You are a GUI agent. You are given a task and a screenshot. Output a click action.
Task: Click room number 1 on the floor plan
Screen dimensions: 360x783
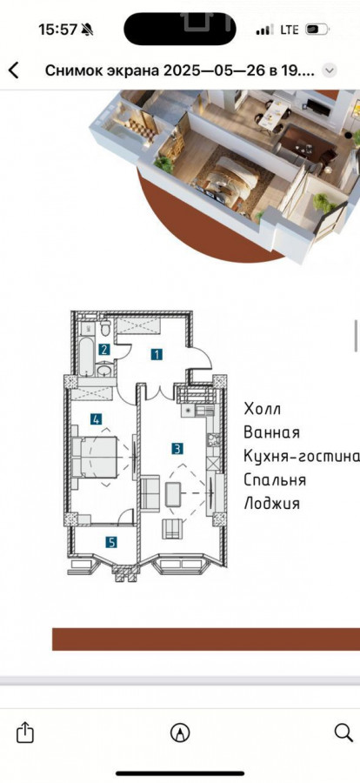157,355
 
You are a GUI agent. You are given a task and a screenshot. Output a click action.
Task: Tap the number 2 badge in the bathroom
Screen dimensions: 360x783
103,350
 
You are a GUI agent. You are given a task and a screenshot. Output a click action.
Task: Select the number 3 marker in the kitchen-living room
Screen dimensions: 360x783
177,448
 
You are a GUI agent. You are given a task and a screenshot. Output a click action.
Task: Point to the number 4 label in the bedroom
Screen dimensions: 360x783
97,419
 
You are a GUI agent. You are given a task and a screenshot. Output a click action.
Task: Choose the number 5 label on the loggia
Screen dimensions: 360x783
111,542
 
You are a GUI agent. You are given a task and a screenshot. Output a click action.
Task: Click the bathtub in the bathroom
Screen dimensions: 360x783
86,356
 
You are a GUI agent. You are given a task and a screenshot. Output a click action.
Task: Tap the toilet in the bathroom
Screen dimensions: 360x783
105,329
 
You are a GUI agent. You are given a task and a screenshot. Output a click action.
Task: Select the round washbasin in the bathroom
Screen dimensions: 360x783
103,370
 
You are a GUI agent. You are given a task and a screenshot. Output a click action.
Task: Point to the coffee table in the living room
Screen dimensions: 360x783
173,495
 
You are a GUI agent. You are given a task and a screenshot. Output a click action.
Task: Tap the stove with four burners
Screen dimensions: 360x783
213,440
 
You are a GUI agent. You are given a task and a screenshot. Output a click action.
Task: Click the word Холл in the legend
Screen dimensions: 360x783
262,409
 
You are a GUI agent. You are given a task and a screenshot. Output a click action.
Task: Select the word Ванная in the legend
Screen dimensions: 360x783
271,432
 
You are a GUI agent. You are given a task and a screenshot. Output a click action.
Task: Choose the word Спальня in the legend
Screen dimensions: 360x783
275,480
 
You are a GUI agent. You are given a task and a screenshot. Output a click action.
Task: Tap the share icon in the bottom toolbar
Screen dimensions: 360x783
25,733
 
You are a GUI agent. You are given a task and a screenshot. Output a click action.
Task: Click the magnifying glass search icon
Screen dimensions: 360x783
343,733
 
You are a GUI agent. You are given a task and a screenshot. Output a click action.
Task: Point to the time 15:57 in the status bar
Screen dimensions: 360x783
58,30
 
